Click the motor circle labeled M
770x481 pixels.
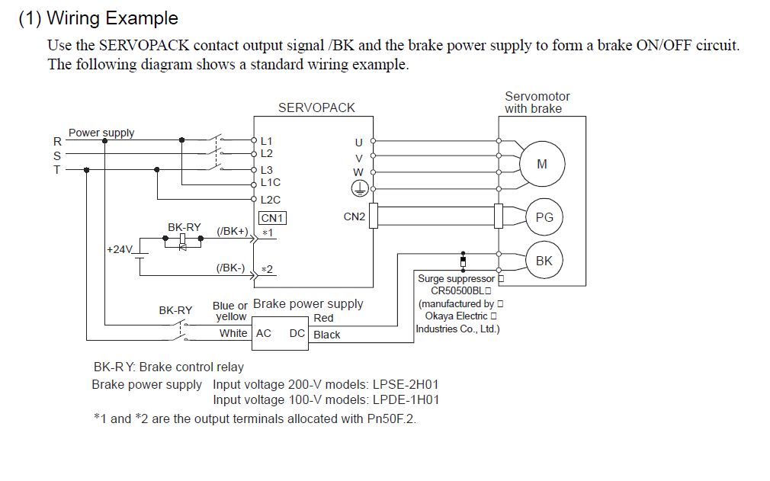click(x=542, y=164)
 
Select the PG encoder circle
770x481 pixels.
click(x=544, y=217)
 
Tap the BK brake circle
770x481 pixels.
click(x=544, y=261)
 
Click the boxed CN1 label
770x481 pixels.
click(x=272, y=218)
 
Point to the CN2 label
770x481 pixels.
click(x=355, y=216)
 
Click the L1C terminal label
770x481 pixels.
click(x=271, y=183)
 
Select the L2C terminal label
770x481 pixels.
click(x=271, y=200)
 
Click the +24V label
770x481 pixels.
click(x=120, y=249)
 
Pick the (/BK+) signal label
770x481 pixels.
click(x=233, y=231)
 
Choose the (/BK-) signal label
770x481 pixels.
click(x=231, y=268)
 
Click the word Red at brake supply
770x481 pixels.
click(x=323, y=318)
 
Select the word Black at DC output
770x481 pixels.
click(x=327, y=335)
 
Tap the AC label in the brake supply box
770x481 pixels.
click(x=264, y=334)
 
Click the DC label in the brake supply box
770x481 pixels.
click(x=297, y=334)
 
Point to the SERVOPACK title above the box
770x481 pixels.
click(x=316, y=107)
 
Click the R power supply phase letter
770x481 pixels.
click(x=56, y=141)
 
